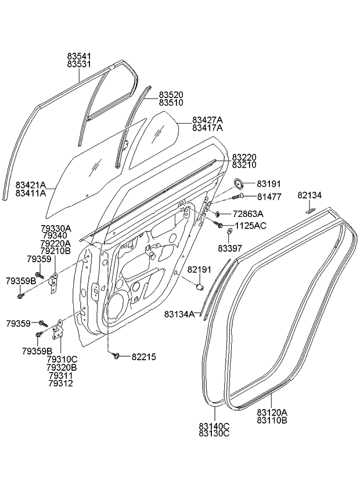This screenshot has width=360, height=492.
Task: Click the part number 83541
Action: [x=79, y=56]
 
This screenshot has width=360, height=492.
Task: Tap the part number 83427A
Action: [x=207, y=120]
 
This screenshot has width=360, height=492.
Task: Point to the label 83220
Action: [x=244, y=157]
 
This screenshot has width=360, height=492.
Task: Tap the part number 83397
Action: [x=231, y=248]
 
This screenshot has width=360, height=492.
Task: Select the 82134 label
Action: [x=309, y=195]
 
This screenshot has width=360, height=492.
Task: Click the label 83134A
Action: [x=180, y=314]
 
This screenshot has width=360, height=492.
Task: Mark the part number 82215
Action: [x=143, y=356]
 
